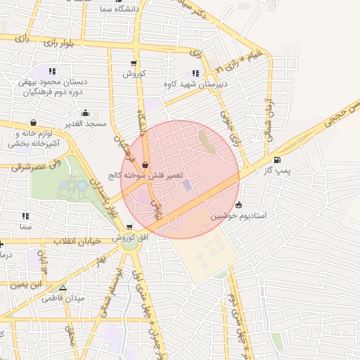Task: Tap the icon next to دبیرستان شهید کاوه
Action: (195, 73)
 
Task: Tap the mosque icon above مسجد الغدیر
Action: (85, 112)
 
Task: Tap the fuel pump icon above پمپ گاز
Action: (277, 160)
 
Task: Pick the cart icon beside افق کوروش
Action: (129, 226)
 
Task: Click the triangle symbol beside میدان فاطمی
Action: (63, 288)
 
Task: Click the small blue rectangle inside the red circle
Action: (186, 185)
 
